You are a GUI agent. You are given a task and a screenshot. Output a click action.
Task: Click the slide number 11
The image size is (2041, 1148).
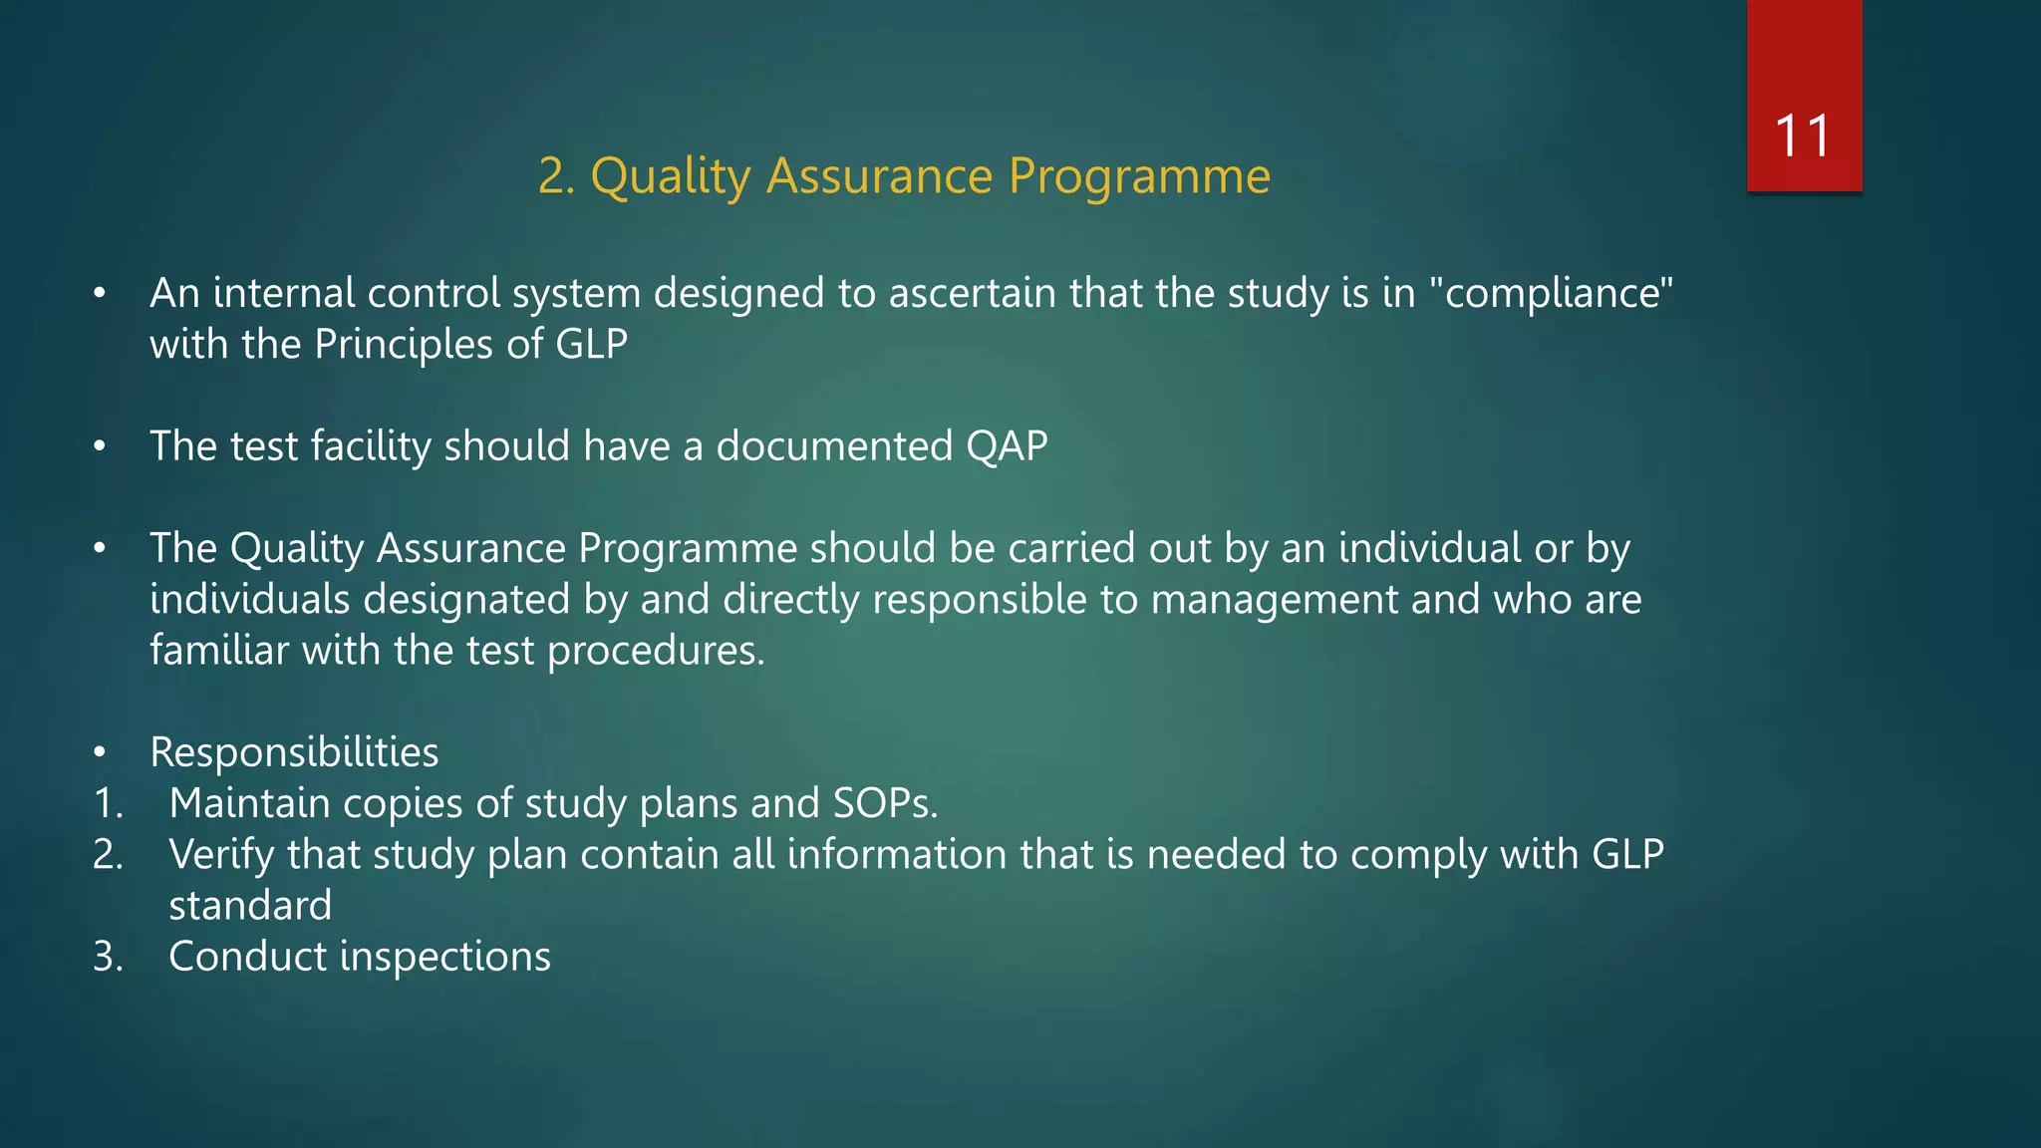(x=1803, y=136)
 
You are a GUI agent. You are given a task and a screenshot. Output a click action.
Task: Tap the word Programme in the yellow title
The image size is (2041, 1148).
(x=1139, y=177)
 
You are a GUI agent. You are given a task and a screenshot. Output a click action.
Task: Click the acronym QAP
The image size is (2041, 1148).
(x=1007, y=446)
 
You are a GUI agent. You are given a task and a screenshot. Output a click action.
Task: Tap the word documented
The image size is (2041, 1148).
(x=834, y=446)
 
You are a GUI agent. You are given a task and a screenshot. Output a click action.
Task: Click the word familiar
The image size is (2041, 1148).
(x=219, y=651)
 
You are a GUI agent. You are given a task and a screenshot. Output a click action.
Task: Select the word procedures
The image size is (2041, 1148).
(x=655, y=652)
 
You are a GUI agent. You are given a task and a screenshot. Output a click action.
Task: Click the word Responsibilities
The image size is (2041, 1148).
(x=294, y=752)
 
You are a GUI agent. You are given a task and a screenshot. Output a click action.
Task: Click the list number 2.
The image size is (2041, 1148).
(x=107, y=855)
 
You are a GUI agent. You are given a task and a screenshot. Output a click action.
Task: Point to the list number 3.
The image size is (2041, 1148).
(x=107, y=957)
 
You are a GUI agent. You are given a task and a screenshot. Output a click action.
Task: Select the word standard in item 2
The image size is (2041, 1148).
(x=250, y=906)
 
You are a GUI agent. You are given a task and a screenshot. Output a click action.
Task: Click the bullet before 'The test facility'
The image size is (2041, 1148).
(x=99, y=446)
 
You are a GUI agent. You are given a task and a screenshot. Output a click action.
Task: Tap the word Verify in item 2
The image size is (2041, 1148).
(x=221, y=855)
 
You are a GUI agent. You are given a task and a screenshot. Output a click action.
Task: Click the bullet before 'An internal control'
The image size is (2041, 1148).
(x=99, y=294)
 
